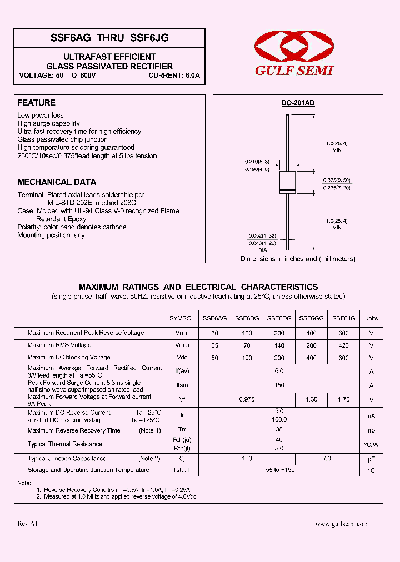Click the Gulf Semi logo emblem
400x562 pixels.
[x=293, y=47]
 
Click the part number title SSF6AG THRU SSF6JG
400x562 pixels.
[x=109, y=38]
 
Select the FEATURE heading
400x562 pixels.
[x=36, y=103]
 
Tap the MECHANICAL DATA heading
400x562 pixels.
[x=57, y=182]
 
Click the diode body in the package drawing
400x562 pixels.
[x=287, y=182]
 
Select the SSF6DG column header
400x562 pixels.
[x=279, y=318]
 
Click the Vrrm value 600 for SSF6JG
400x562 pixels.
[x=343, y=333]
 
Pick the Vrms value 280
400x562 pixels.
[x=311, y=345]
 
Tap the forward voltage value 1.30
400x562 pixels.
[x=311, y=399]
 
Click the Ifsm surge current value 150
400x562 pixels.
[x=279, y=385]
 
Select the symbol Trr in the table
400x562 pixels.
[x=182, y=430]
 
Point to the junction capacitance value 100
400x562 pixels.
[x=247, y=459]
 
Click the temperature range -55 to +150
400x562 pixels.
[x=279, y=470]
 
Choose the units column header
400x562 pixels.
[x=371, y=318]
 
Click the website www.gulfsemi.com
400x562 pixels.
[x=342, y=524]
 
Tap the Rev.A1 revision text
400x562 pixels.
[x=28, y=524]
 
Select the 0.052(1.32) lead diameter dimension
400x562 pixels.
[x=263, y=236]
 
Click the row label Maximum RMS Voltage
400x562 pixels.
[x=59, y=345]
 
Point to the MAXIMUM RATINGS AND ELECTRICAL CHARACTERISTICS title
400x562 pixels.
[x=198, y=287]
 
